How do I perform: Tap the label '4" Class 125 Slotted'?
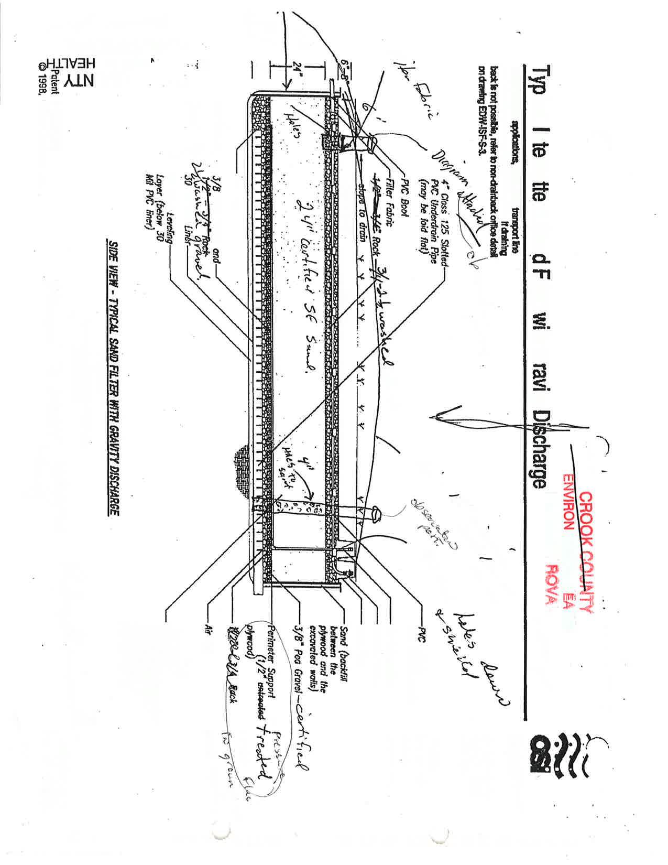[x=440, y=220]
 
